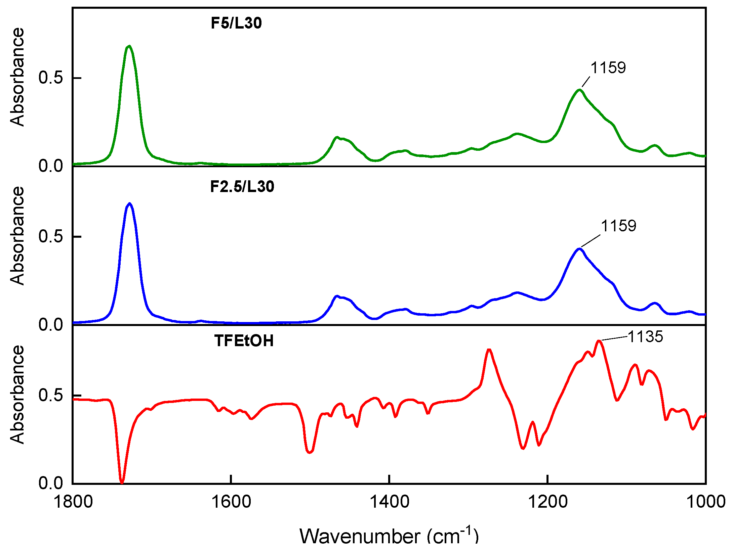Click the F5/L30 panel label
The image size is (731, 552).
236,23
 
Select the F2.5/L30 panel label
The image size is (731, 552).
242,187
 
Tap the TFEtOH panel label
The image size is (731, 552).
244,341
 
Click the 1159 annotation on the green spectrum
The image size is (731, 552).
608,68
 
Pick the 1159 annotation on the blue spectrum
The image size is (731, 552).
618,226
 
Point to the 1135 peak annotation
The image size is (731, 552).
645,336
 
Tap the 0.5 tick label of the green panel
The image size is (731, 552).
51,78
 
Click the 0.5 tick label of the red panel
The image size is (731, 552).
51,395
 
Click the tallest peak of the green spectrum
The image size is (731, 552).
129,46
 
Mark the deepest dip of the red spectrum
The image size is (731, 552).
122,482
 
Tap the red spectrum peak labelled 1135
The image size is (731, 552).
599,341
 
